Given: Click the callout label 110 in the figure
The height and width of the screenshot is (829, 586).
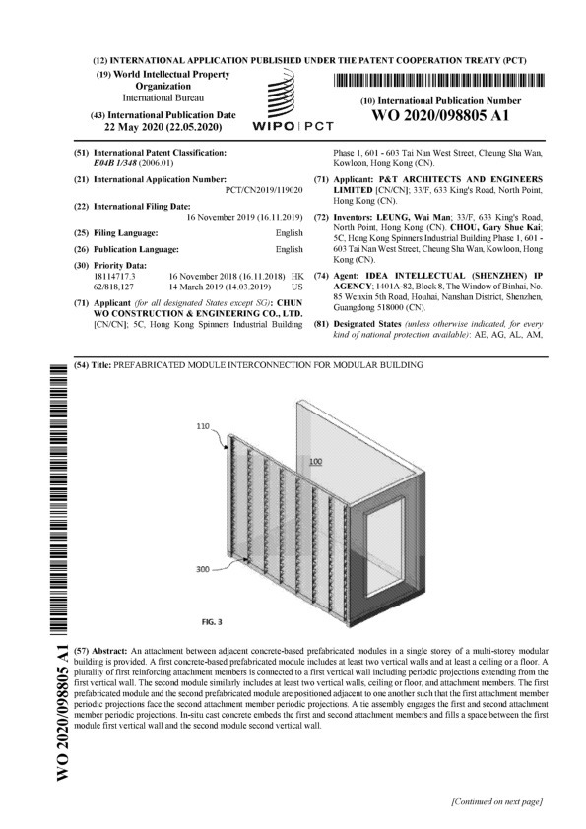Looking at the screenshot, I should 204,428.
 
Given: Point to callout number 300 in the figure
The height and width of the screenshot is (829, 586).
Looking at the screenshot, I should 204,568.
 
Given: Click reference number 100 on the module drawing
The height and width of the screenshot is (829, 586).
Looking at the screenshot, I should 315,461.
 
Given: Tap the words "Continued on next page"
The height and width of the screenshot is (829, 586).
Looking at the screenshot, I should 495,802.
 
